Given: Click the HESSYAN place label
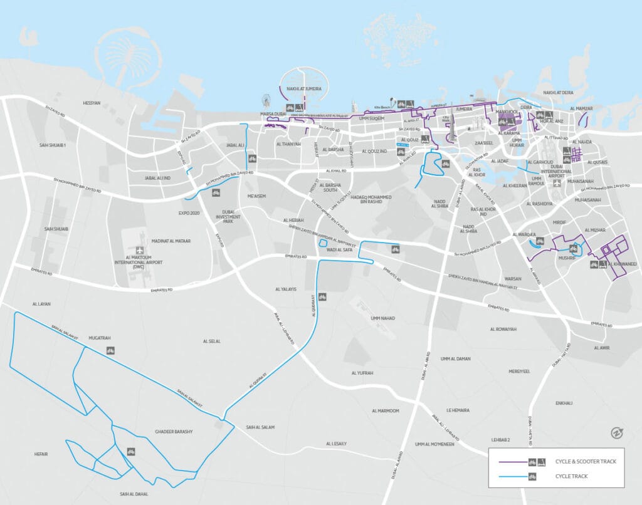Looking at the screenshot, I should (92, 103).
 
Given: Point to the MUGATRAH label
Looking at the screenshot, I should (100, 338).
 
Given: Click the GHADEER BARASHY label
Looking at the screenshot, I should (174, 432).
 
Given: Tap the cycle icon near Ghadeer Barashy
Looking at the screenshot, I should (131, 450).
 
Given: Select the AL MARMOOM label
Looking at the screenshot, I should (385, 411).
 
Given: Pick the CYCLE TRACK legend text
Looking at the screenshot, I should (571, 476).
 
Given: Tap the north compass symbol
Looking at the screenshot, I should (616, 433).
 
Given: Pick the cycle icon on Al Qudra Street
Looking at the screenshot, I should (321, 297).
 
